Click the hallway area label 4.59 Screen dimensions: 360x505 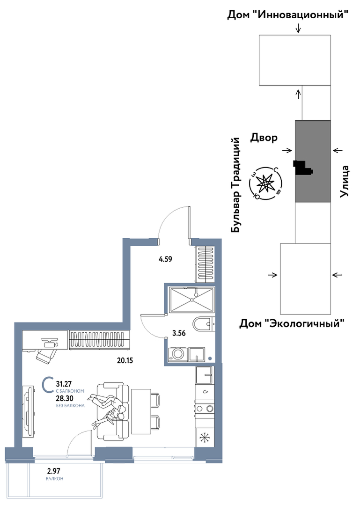point(166,259)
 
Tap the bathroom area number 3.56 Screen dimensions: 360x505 point(179,333)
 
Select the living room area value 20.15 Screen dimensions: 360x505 point(125,361)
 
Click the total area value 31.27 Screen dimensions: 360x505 point(64,384)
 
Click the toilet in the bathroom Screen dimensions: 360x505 point(204,324)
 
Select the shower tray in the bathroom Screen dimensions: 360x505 point(191,300)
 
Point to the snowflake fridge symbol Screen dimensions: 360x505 point(204,438)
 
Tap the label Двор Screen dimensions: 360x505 point(264,138)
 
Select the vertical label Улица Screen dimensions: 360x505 point(345,181)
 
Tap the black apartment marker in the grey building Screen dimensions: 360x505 point(302,168)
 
